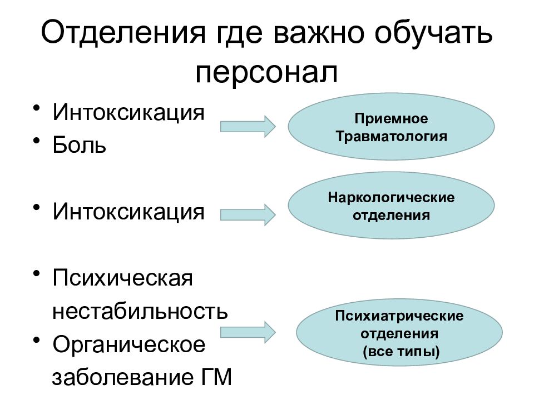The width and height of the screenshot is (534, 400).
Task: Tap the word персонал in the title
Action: [x=266, y=73]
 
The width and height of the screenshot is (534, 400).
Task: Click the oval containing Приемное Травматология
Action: [x=391, y=128]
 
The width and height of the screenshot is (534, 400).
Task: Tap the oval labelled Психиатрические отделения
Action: [x=399, y=334]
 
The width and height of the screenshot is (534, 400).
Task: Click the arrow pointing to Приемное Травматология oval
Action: [x=248, y=126]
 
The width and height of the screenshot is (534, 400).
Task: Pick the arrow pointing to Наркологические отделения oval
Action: [x=248, y=214]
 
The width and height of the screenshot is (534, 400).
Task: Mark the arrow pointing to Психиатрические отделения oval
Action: [x=248, y=332]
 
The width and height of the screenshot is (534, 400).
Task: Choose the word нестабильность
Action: [x=140, y=311]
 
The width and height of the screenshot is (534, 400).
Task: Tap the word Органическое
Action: [x=129, y=345]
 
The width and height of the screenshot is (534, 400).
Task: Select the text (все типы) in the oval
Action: [x=399, y=352]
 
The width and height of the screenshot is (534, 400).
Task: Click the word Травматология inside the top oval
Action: [x=391, y=136]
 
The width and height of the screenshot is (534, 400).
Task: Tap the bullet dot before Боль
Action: [x=37, y=141]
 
